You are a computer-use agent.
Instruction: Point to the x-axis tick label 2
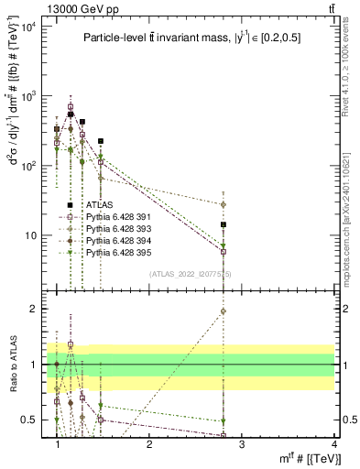pos(149,443)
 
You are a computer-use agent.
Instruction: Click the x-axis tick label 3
pos(241,443)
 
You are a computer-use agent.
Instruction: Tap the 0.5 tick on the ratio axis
pos(35,420)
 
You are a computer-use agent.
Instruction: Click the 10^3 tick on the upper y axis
pos(29,95)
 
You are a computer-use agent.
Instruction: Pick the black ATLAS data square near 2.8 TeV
pos(223,224)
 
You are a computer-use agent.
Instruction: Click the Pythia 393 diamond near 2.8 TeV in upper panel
pos(223,204)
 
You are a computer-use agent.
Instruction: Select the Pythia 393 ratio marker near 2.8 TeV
pos(223,311)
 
